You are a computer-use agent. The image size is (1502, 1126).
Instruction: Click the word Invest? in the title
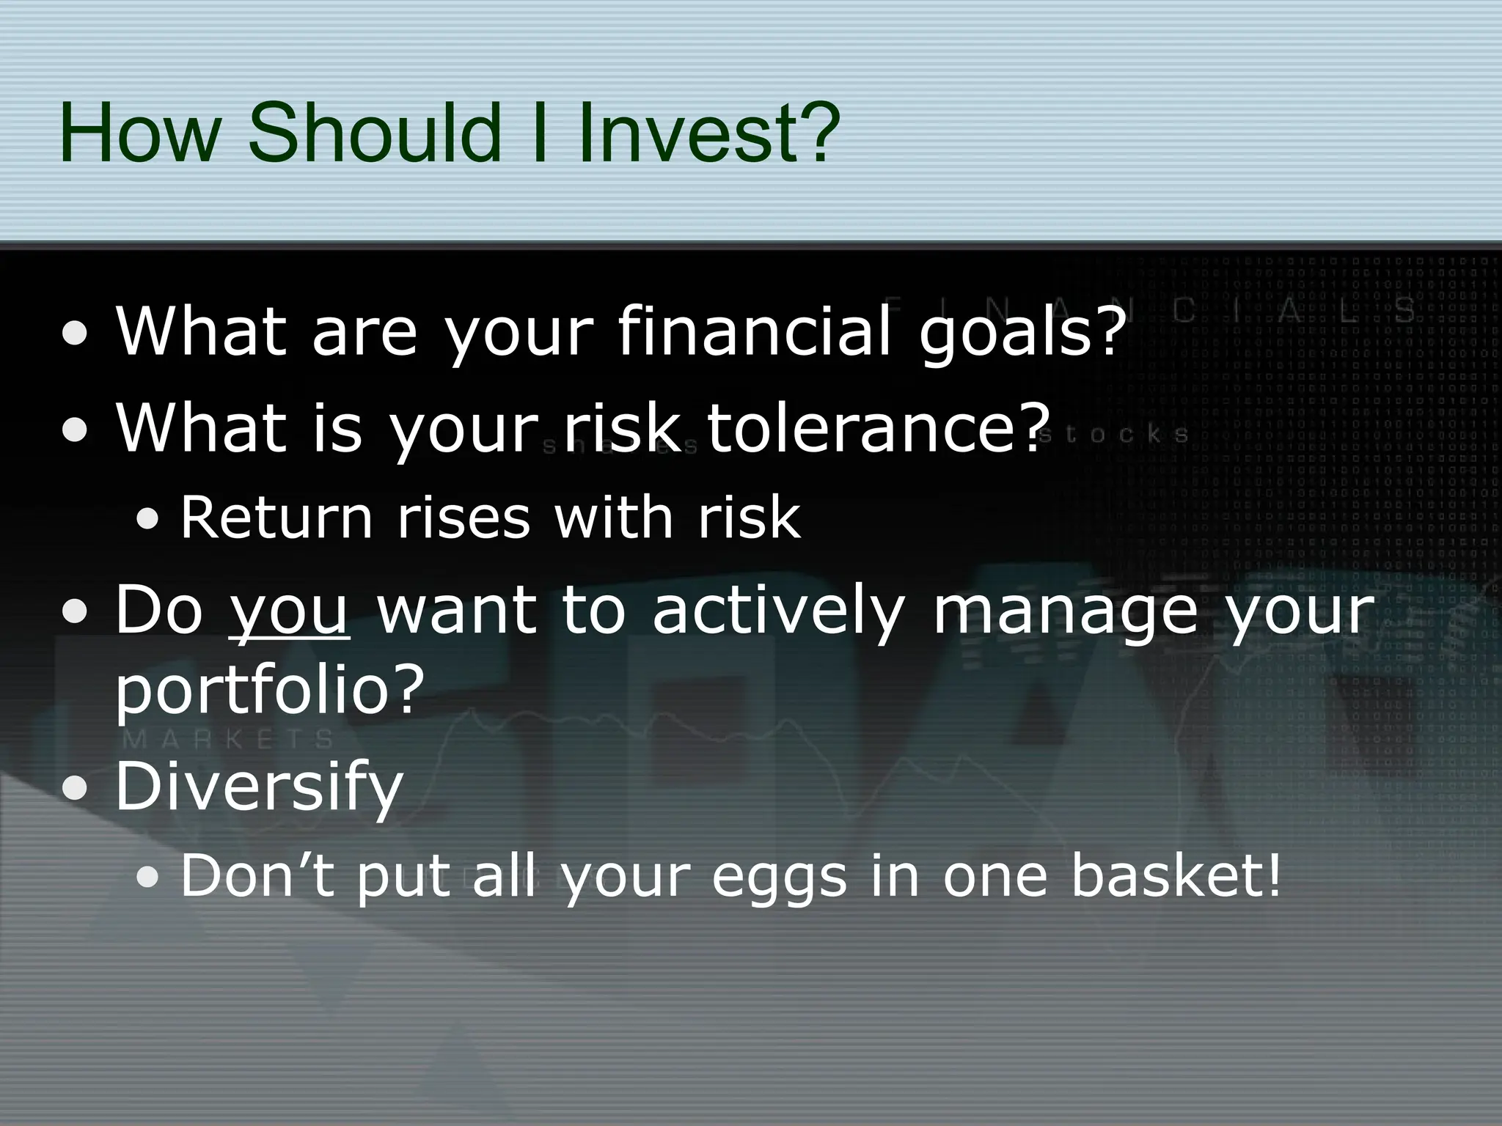(x=708, y=133)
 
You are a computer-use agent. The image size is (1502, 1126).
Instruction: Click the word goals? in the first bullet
(x=1022, y=331)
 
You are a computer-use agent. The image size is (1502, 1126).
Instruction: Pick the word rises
(x=463, y=518)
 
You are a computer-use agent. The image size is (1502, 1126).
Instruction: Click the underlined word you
(x=289, y=610)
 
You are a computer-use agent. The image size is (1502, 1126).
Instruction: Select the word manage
(x=1066, y=610)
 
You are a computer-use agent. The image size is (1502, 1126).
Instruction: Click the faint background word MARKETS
(x=229, y=738)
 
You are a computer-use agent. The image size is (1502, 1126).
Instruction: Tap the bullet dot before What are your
(x=76, y=335)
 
